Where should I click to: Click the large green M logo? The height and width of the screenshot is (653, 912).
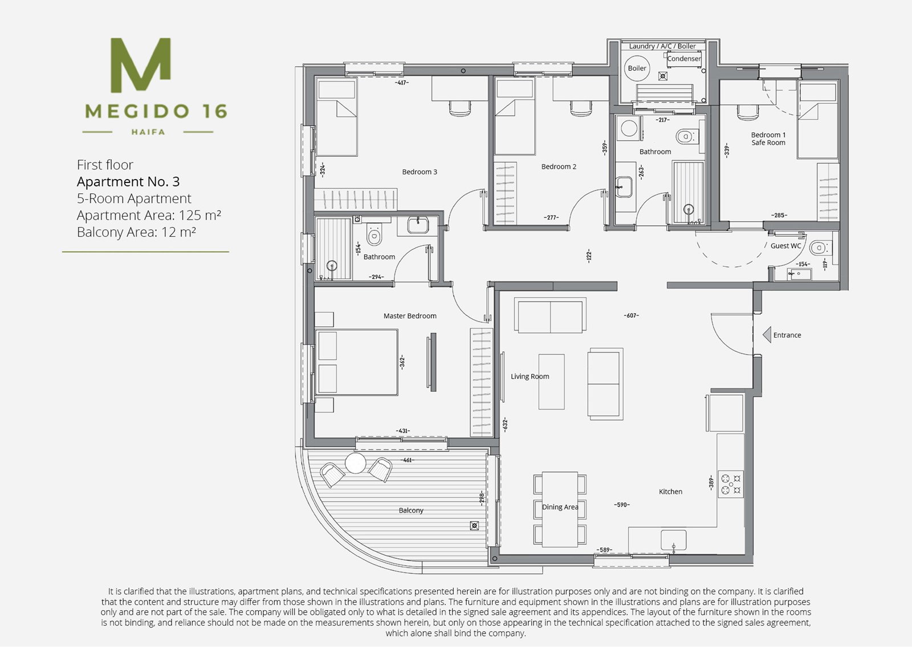(140, 65)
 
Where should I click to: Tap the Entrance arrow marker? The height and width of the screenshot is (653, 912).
(767, 335)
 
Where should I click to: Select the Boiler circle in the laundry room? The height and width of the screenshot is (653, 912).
(637, 68)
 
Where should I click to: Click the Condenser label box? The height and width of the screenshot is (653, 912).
(684, 59)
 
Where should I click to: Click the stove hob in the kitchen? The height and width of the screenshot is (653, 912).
(731, 484)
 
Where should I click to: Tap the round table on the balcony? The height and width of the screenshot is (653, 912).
(356, 463)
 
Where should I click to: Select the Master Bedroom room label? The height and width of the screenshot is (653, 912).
(410, 316)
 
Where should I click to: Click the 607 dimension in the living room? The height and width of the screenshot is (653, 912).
(631, 315)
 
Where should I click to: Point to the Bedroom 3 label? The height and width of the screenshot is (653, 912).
(420, 172)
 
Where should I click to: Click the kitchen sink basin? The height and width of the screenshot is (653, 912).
(673, 540)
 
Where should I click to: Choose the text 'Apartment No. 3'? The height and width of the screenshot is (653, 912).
(128, 182)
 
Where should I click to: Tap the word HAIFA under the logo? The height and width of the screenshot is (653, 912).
(148, 132)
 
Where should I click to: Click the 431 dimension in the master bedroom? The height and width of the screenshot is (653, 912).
(402, 431)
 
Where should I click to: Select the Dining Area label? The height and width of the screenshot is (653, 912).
(560, 507)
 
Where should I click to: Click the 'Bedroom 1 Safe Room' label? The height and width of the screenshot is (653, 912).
(768, 139)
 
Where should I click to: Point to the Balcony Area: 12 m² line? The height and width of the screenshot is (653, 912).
(136, 232)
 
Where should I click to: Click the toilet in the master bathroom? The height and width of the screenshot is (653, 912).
(374, 234)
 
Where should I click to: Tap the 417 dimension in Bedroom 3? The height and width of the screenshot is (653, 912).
(402, 83)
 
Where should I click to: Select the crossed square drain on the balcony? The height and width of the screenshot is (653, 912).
(474, 526)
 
